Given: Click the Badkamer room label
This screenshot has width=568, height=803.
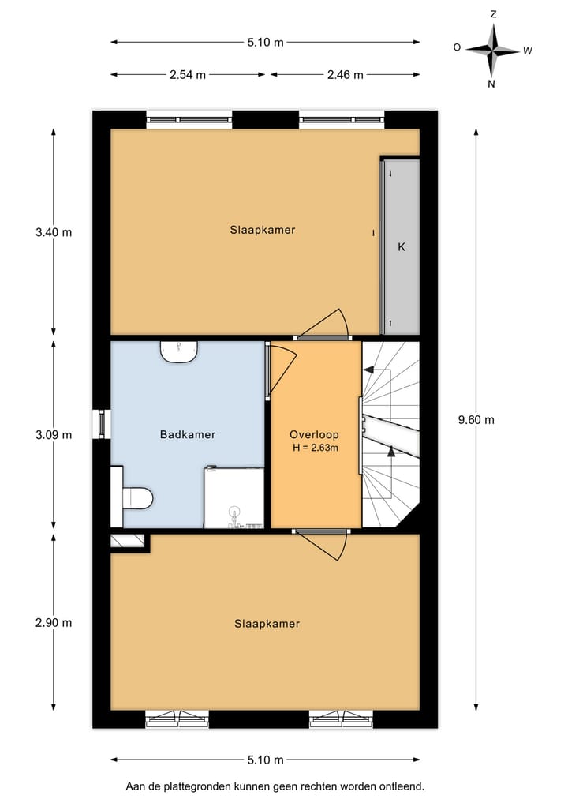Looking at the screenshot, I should click(187, 434).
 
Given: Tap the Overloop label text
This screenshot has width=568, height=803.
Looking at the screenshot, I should click(314, 434).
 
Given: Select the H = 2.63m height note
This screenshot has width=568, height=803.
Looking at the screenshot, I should click(315, 448).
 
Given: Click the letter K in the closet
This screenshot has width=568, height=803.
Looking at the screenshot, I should click(401, 247).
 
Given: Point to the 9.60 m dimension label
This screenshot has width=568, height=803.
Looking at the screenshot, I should click(477, 419).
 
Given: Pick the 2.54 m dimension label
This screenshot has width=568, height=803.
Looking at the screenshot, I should click(188, 75).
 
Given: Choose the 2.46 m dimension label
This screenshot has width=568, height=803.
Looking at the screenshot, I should click(345, 75).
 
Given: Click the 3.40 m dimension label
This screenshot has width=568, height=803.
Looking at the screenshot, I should click(54, 232).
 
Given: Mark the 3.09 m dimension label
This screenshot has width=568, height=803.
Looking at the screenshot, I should click(54, 434).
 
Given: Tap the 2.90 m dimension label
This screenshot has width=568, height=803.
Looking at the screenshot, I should click(54, 622).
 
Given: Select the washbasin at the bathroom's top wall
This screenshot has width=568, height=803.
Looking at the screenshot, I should click(179, 351).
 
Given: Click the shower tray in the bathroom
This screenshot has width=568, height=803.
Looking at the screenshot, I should click(234, 497).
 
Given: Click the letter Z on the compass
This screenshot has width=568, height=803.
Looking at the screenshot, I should click(492, 14).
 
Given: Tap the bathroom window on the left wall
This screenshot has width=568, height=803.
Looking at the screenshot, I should click(101, 423).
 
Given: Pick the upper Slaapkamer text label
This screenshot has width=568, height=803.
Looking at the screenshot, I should click(263, 230).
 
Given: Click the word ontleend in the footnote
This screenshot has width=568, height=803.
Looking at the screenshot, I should click(402, 786).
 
